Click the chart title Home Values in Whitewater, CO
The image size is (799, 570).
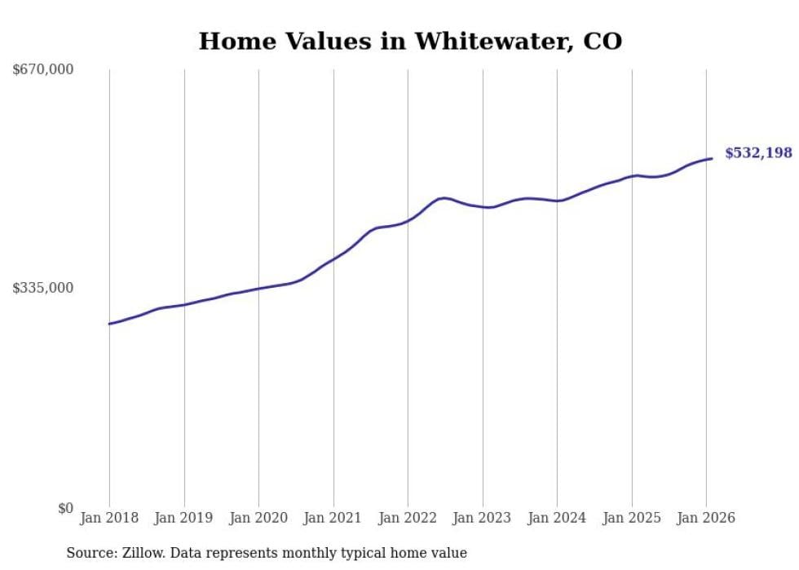pyautogui.click(x=410, y=41)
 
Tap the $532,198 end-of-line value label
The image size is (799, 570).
pyautogui.click(x=758, y=152)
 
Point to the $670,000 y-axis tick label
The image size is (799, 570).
pyautogui.click(x=43, y=69)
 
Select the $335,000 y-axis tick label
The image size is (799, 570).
pyautogui.click(x=43, y=288)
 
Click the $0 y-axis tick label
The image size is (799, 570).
pyautogui.click(x=65, y=508)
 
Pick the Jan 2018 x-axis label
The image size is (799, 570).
pyautogui.click(x=109, y=518)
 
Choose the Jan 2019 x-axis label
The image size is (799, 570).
pyautogui.click(x=183, y=518)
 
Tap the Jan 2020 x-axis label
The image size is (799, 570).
pyautogui.click(x=258, y=518)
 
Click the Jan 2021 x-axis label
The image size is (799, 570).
pyautogui.click(x=333, y=518)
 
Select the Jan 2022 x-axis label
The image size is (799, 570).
pyautogui.click(x=408, y=518)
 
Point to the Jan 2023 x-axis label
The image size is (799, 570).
pyautogui.click(x=482, y=518)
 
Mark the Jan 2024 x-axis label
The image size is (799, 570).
pyautogui.click(x=557, y=518)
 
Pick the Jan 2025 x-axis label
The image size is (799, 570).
pyautogui.click(x=631, y=518)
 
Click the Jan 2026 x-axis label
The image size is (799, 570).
pyautogui.click(x=706, y=518)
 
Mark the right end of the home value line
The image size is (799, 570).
pyautogui.click(x=712, y=158)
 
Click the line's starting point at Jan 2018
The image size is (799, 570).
pyautogui.click(x=109, y=324)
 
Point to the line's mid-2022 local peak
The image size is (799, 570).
pyautogui.click(x=443, y=197)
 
